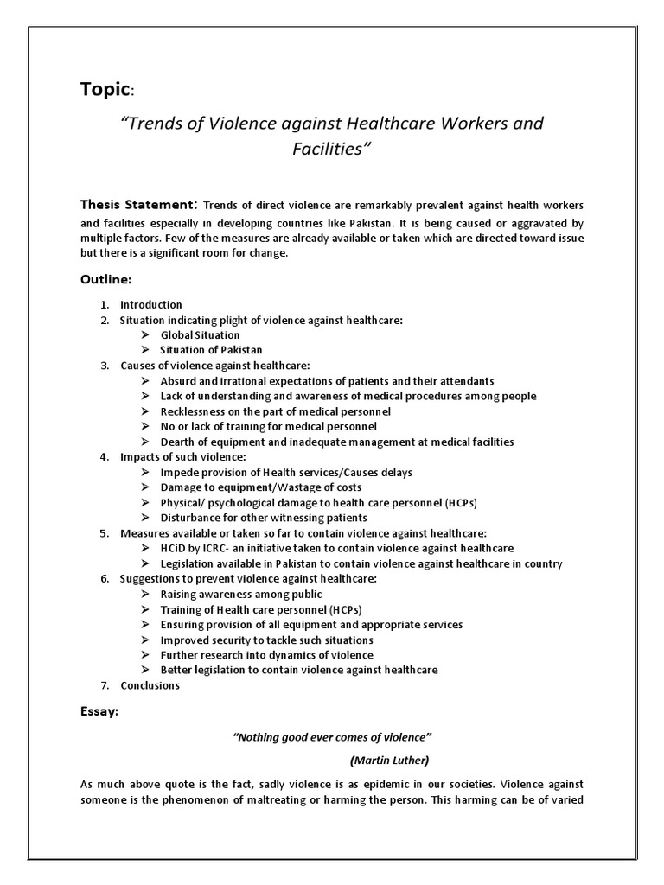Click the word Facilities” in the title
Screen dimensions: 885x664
(331, 150)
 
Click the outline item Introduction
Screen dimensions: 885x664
(151, 305)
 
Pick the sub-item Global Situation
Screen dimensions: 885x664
(200, 334)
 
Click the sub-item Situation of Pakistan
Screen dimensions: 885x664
(211, 350)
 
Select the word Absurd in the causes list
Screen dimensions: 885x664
(178, 381)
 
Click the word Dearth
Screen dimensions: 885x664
(178, 442)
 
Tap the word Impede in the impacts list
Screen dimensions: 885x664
(180, 472)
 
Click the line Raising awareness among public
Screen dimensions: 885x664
(241, 594)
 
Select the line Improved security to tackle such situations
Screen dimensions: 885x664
(267, 640)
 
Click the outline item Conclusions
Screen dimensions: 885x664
(150, 685)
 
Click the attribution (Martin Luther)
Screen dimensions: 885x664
(389, 761)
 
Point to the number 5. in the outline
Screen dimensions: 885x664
(104, 533)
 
